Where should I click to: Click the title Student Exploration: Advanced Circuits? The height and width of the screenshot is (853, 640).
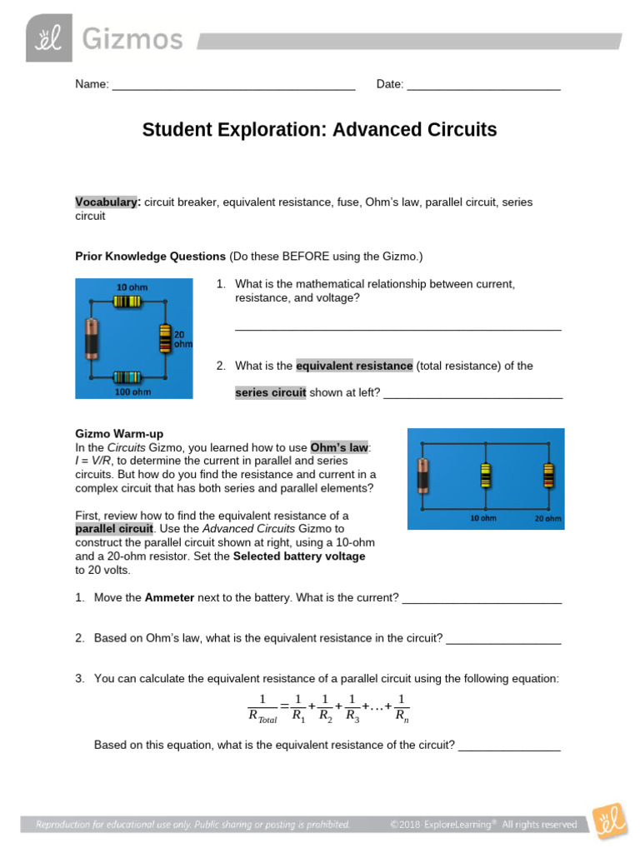click(x=319, y=130)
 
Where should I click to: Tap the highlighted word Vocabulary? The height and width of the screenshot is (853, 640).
click(x=107, y=202)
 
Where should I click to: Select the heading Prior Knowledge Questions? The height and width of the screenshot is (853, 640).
click(x=151, y=256)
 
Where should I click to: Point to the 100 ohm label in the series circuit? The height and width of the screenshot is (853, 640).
click(x=132, y=391)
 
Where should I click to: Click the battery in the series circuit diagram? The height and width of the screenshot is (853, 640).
click(x=92, y=338)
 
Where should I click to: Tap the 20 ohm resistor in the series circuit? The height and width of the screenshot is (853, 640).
click(x=165, y=339)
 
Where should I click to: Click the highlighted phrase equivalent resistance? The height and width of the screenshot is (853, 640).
click(x=354, y=366)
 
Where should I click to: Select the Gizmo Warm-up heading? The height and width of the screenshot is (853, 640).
click(x=119, y=434)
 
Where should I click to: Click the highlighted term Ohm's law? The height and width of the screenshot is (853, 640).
click(x=339, y=447)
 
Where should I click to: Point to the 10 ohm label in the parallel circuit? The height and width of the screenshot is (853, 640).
click(x=484, y=519)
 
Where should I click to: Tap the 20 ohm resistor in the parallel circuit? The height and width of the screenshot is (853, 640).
click(x=547, y=476)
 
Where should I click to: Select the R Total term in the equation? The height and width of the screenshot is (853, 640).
click(x=262, y=715)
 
